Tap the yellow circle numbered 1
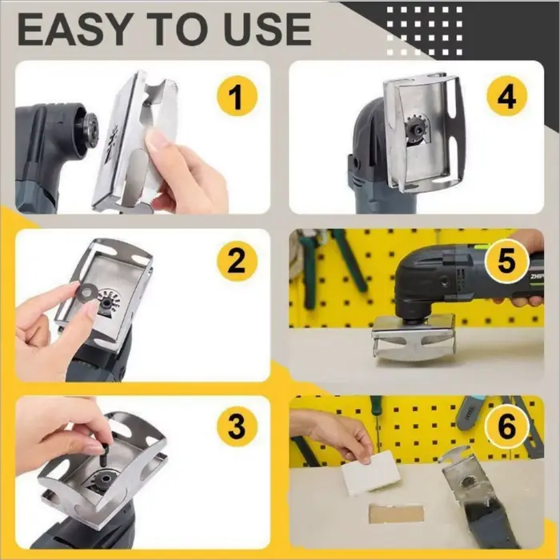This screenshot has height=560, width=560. click(237, 96)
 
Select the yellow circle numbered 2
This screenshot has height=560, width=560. click(237, 261)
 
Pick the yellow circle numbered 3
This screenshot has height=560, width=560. click(237, 426)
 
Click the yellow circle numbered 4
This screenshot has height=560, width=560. click(506, 96)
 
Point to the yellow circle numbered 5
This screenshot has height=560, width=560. click(506, 260)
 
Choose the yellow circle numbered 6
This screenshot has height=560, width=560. click(506, 426)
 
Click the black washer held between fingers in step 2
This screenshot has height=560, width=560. click(86, 293)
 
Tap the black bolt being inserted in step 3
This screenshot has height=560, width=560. click(102, 454)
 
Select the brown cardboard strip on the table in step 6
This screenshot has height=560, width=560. click(397, 514)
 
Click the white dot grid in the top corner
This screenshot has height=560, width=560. click(424, 30)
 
